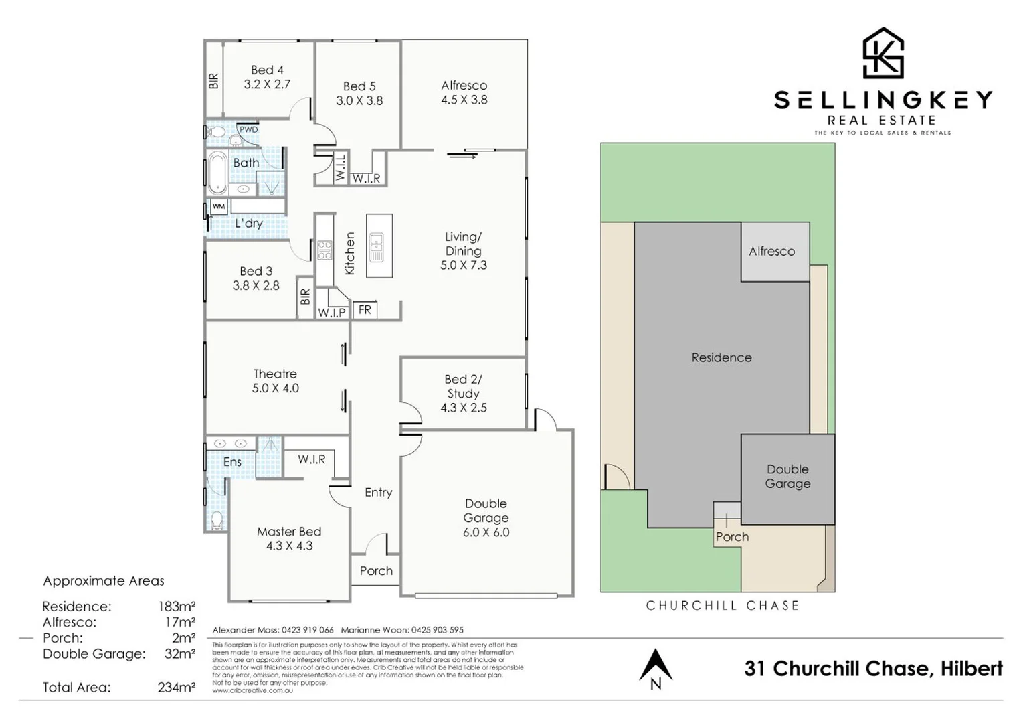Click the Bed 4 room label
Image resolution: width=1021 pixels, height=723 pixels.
point(267,70)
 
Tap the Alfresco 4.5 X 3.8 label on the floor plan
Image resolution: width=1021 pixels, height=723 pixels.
point(464,93)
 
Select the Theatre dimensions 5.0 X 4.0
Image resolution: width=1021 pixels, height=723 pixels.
point(275,388)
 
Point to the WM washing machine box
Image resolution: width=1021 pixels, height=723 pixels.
point(219,207)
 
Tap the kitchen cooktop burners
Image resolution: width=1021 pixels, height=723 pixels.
point(324,250)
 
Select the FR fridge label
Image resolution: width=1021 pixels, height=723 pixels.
point(365,310)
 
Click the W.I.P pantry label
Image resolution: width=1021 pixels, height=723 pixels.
point(332,313)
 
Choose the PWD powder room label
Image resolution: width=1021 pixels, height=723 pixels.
point(248,129)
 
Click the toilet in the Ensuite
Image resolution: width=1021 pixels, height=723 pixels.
point(217,519)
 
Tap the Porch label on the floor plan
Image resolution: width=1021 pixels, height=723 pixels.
point(376,571)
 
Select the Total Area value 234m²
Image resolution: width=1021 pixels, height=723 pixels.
point(177,687)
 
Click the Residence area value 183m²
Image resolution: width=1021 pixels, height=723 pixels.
point(177,607)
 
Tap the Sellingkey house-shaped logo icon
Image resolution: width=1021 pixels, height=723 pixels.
point(883,54)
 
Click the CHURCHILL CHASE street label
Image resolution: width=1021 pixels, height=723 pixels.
point(723,606)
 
